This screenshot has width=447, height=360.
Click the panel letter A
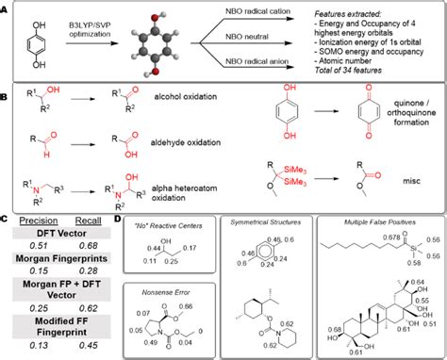point(7,7)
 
